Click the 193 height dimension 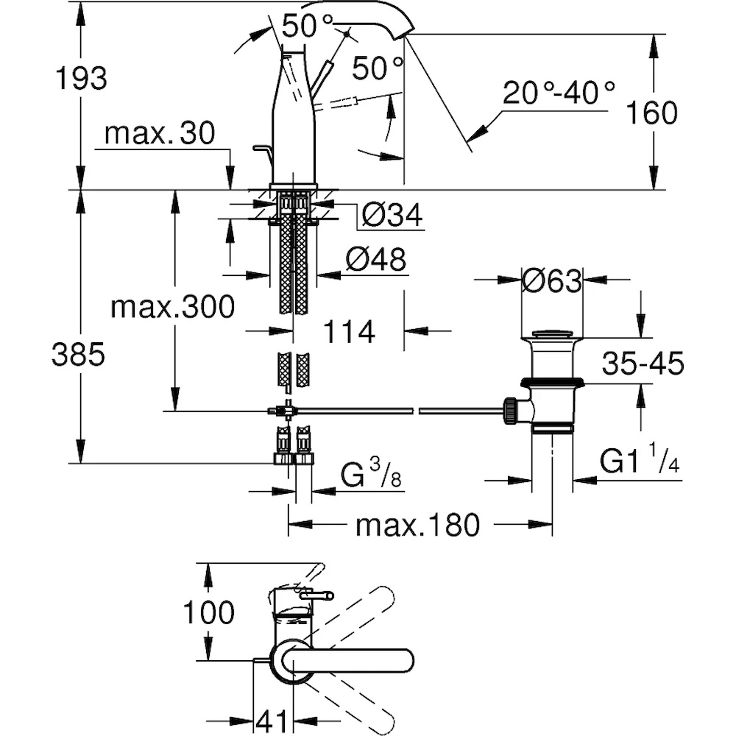pyautogui.click(x=81, y=78)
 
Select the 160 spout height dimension pyautogui.click(x=652, y=113)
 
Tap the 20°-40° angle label pyautogui.click(x=559, y=93)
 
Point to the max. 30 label pyautogui.click(x=160, y=133)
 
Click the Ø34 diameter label pyautogui.click(x=392, y=214)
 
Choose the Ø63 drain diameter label pyautogui.click(x=552, y=281)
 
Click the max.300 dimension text pyautogui.click(x=173, y=307)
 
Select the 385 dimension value pyautogui.click(x=79, y=354)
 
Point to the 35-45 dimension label pyautogui.click(x=643, y=363)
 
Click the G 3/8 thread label pyautogui.click(x=371, y=474)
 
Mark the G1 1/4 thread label pyautogui.click(x=640, y=459)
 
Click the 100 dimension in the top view pyautogui.click(x=208, y=612)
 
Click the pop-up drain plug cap pyautogui.click(x=551, y=334)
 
